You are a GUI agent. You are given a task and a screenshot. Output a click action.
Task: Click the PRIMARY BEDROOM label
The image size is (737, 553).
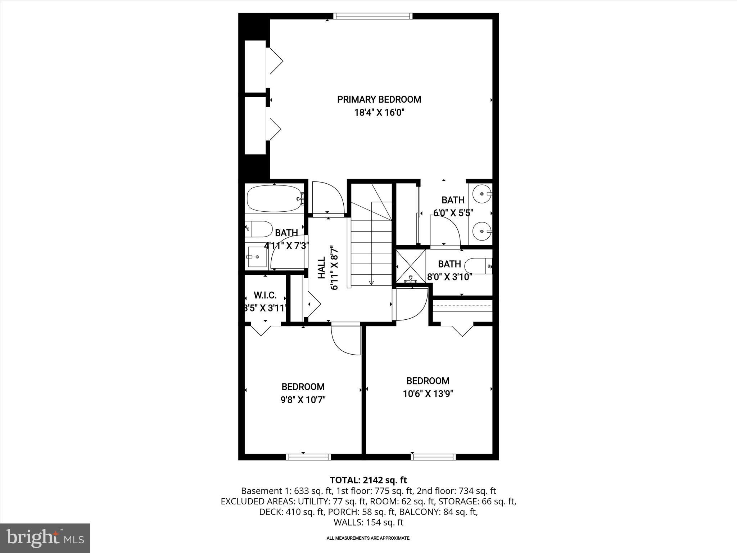click(x=379, y=99)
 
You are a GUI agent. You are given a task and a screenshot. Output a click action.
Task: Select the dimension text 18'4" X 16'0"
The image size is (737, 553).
click(x=379, y=113)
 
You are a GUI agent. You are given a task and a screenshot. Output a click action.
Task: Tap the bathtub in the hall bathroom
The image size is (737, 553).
click(x=274, y=198)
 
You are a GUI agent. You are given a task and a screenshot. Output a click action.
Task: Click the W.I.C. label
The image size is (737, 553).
click(x=265, y=296)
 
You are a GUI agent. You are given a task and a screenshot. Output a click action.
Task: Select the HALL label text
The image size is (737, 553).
click(x=321, y=267)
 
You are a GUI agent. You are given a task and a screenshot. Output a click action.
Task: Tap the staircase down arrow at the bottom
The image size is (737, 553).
click(x=371, y=283)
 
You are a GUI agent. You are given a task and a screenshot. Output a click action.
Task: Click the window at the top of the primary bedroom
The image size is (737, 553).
click(x=372, y=16)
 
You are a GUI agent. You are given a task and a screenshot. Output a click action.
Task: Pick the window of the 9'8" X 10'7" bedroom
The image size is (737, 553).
click(x=308, y=457)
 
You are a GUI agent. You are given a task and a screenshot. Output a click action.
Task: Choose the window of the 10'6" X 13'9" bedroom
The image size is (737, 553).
click(x=433, y=457)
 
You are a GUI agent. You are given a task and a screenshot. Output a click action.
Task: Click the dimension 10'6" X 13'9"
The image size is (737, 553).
click(x=428, y=394)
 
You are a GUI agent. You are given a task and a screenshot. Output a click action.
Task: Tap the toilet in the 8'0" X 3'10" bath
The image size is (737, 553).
click(x=477, y=266)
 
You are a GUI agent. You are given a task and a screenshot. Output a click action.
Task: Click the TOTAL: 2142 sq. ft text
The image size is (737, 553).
click(x=368, y=480)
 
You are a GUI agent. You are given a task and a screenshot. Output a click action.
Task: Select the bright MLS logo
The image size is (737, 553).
click(x=45, y=538)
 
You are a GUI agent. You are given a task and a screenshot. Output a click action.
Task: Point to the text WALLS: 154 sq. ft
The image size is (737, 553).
click(x=368, y=522)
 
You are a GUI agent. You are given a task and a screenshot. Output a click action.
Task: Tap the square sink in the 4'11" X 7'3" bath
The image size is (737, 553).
click(x=257, y=257)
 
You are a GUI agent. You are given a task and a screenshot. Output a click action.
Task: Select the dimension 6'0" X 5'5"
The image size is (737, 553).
click(x=453, y=213)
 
